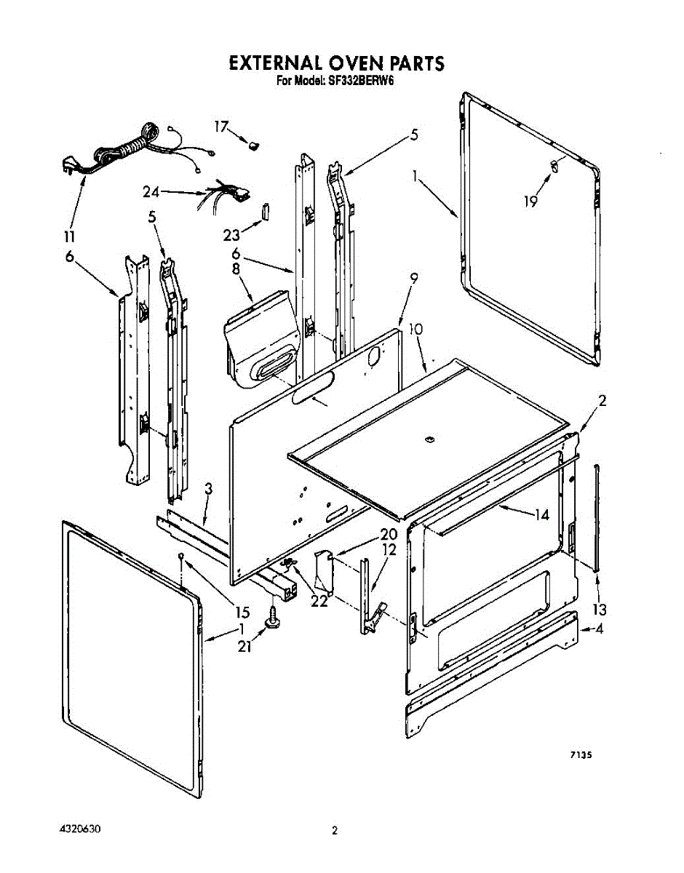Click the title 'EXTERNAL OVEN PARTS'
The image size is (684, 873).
(336, 63)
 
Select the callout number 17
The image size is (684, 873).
(221, 126)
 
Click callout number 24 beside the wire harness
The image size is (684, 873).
(151, 193)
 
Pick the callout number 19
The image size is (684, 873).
(531, 201)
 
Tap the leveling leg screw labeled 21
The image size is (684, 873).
(274, 618)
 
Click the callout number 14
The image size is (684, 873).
(541, 514)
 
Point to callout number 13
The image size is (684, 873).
(600, 609)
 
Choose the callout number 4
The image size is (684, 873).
(600, 629)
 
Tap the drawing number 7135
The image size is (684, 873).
(579, 756)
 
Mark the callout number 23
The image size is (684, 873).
(231, 235)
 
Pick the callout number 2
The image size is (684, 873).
(603, 400)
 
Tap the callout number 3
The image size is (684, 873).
(208, 489)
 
